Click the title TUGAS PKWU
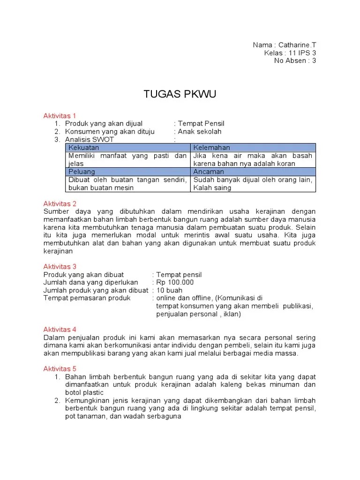(180, 95)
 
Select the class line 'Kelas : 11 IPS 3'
(290, 53)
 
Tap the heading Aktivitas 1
(60, 115)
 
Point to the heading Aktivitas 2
(60, 203)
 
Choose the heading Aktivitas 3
(60, 266)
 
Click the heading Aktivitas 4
(60, 330)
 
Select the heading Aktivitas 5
(60, 368)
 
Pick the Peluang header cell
(82, 172)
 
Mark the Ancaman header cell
(209, 172)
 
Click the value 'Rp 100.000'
(175, 282)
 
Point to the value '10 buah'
(170, 290)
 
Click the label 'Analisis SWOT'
(90, 140)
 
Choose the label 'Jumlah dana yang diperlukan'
(90, 282)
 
